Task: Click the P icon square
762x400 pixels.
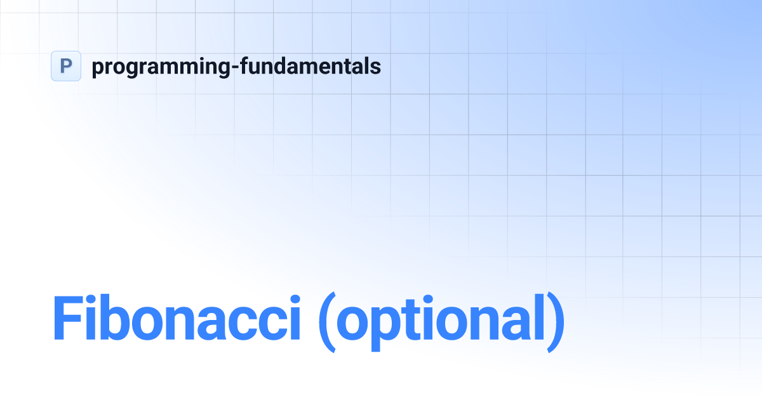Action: pyautogui.click(x=66, y=66)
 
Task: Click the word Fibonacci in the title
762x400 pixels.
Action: pyautogui.click(x=176, y=317)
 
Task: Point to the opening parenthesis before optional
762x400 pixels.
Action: pyautogui.click(x=326, y=321)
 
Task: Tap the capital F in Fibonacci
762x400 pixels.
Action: pyautogui.click(x=67, y=317)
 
